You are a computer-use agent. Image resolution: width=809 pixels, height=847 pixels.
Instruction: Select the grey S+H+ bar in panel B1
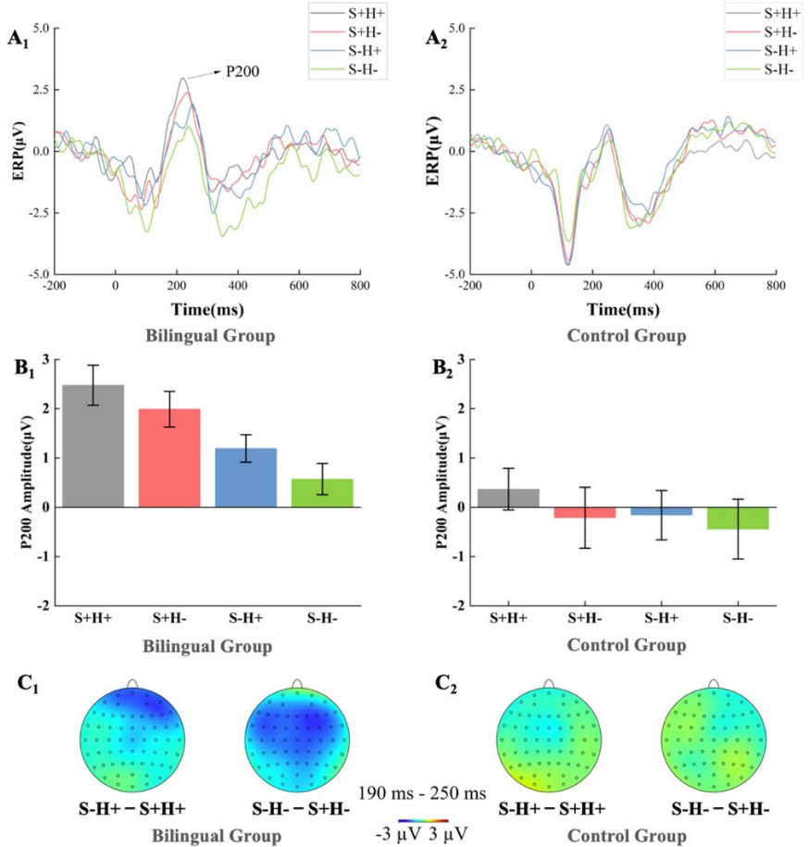[x=93, y=445]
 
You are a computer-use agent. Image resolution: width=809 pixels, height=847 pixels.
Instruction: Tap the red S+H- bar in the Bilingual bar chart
[x=169, y=457]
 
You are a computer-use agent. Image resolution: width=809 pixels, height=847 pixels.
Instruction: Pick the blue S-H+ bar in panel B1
[x=245, y=477]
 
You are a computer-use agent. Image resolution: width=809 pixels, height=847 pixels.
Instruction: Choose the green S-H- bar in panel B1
[x=321, y=492]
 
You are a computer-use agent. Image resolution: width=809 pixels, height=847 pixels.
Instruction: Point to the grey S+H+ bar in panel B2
[x=509, y=498]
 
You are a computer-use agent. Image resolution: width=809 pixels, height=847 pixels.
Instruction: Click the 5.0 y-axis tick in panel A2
[x=451, y=30]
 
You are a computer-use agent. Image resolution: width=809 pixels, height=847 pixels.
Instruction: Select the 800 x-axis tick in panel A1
[x=359, y=287]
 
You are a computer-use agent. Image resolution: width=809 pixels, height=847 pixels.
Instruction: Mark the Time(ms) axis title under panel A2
[x=622, y=309]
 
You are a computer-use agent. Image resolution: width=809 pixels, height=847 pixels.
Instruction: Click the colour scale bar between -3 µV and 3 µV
[x=422, y=820]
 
